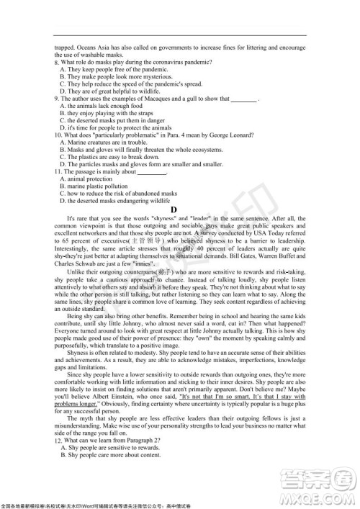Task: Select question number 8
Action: click(57, 63)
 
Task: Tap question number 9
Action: click(57, 99)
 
